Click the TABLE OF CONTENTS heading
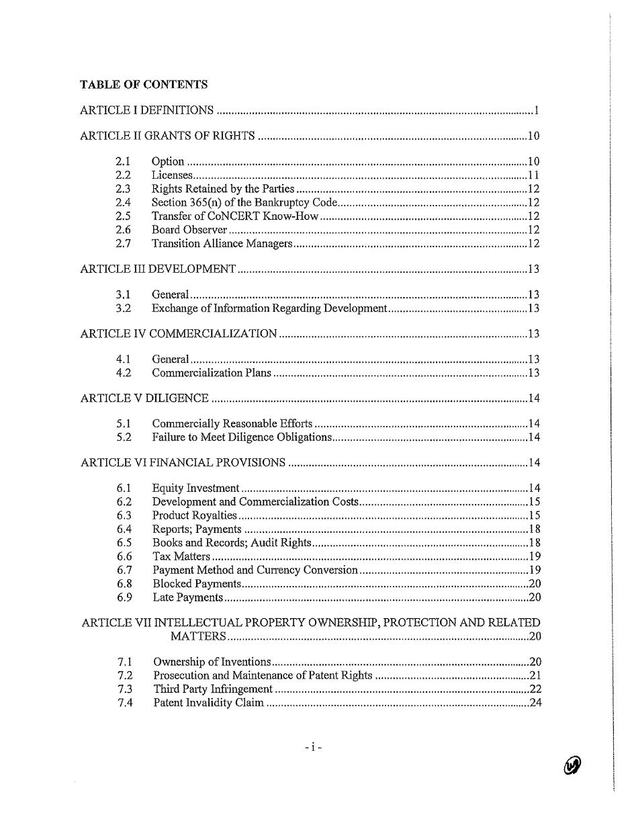(x=144, y=85)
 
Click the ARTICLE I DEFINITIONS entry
(x=147, y=110)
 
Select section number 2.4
(x=123, y=202)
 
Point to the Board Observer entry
(x=189, y=230)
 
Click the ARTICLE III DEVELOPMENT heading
(x=158, y=269)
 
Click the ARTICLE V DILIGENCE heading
(x=144, y=398)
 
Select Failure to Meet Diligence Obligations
(x=242, y=437)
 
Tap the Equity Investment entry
(x=195, y=488)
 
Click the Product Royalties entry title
(x=195, y=515)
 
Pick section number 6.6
(x=124, y=556)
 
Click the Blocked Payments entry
(x=196, y=584)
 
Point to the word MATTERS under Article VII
(x=198, y=636)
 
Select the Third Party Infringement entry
(x=213, y=689)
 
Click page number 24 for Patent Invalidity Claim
(x=535, y=703)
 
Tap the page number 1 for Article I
(x=537, y=110)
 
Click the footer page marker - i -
(x=313, y=746)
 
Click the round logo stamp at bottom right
(x=572, y=765)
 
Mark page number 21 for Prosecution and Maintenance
(x=535, y=676)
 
